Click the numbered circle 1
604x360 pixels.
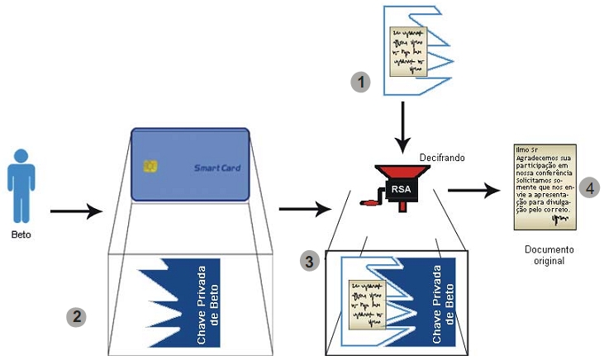(360, 82)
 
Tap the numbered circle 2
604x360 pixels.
(77, 316)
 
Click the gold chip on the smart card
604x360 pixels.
(150, 168)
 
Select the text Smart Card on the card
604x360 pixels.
(216, 168)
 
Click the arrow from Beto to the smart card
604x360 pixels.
(76, 211)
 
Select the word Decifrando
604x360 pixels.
(443, 155)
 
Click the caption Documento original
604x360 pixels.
(549, 254)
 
